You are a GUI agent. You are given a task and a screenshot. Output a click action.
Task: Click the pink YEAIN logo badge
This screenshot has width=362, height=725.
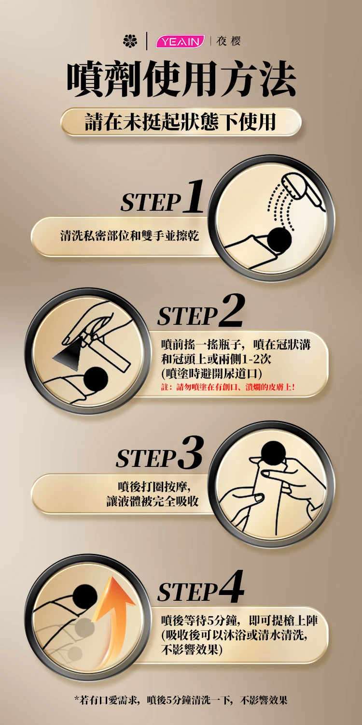point(181,42)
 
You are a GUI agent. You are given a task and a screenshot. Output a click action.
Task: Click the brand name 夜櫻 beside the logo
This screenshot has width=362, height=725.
point(229,41)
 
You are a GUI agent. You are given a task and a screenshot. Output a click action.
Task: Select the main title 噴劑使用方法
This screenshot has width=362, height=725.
point(181,79)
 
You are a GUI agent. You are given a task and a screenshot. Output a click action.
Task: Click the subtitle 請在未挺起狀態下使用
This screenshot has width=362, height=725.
point(181,122)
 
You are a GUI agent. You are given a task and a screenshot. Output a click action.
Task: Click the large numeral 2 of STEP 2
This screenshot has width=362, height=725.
point(231,310)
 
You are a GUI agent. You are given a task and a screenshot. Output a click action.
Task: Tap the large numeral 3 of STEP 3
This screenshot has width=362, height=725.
point(192,453)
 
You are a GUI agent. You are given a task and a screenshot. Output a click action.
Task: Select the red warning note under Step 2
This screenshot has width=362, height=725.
point(228,387)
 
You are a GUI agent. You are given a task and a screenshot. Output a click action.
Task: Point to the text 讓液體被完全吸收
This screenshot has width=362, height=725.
point(153,502)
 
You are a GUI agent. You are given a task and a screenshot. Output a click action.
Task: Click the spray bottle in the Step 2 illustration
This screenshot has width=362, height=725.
point(107,349)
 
